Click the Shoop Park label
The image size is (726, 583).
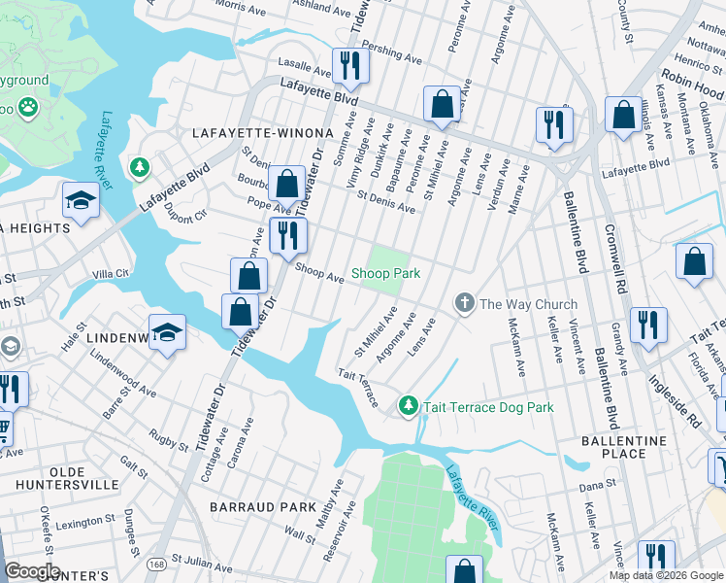pyautogui.click(x=385, y=273)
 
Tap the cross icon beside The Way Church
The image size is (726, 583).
pyautogui.click(x=464, y=304)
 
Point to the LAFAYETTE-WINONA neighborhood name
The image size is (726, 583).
pyautogui.click(x=262, y=132)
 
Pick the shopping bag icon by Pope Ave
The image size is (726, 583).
pyautogui.click(x=287, y=183)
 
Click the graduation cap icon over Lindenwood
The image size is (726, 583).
pyautogui.click(x=167, y=332)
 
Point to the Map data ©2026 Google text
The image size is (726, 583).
pyautogui.click(x=666, y=575)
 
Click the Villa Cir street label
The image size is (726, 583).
pyautogui.click(x=111, y=274)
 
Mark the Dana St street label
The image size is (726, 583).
pyautogui.click(x=598, y=484)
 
